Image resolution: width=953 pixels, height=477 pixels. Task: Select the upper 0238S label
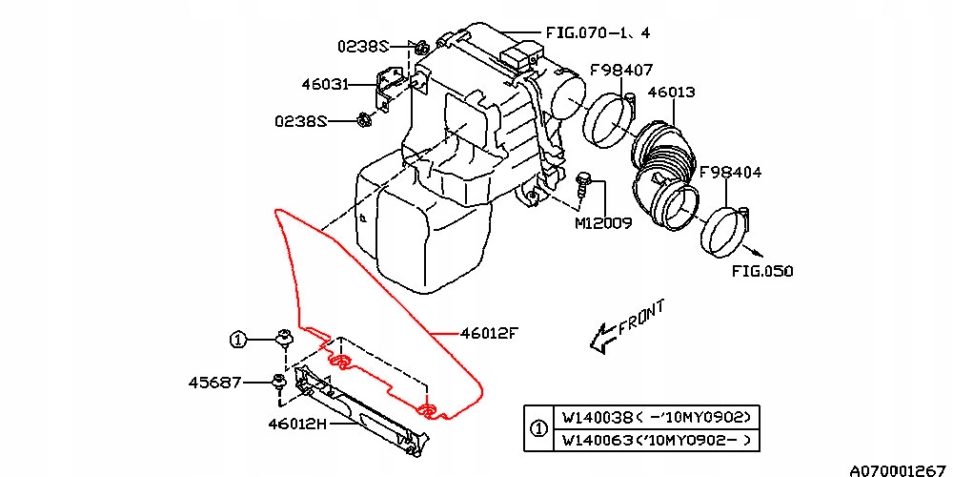point(362,45)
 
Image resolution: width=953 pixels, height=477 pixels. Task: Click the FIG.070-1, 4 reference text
point(598,31)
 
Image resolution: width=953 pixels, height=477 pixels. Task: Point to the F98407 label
point(619,70)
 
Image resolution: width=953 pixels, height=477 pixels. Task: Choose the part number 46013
point(672,93)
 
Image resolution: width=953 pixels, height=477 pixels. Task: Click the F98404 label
point(730,174)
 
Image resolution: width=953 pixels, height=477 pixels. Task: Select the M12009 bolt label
point(602,223)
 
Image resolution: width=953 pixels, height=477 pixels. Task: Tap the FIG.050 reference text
point(762,271)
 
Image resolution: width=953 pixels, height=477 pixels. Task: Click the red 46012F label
point(489,333)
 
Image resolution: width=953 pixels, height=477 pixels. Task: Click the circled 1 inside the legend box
point(539,428)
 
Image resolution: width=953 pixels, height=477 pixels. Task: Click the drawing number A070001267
point(900,468)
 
